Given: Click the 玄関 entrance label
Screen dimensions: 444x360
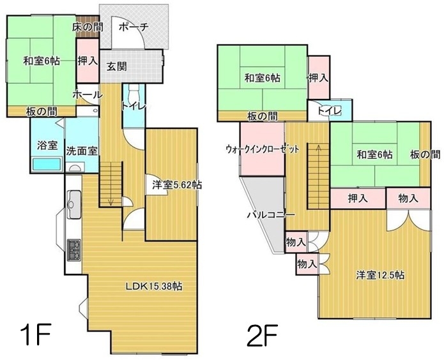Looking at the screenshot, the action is pos(116,67).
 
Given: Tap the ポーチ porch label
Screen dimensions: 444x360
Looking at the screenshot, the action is pos(134,27).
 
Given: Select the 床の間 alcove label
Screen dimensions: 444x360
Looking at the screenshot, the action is pos(88,27).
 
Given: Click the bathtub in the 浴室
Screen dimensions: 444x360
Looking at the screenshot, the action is pos(47,164).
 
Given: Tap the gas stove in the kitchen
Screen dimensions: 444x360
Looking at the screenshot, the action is pos(74,250).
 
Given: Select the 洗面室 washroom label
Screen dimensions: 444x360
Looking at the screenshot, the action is pos(82,151).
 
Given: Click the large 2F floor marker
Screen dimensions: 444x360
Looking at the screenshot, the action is pos(262,335).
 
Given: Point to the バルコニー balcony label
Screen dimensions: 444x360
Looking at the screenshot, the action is pos(271,215).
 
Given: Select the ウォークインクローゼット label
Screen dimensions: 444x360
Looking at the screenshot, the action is pos(262,149).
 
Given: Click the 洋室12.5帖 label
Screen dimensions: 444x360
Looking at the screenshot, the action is pos(380,275).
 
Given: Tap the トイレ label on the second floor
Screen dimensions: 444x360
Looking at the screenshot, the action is pos(330,110).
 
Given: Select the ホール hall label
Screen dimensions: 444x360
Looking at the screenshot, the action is pos(88,95).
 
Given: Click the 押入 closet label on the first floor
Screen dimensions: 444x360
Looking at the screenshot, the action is pos(88,61).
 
